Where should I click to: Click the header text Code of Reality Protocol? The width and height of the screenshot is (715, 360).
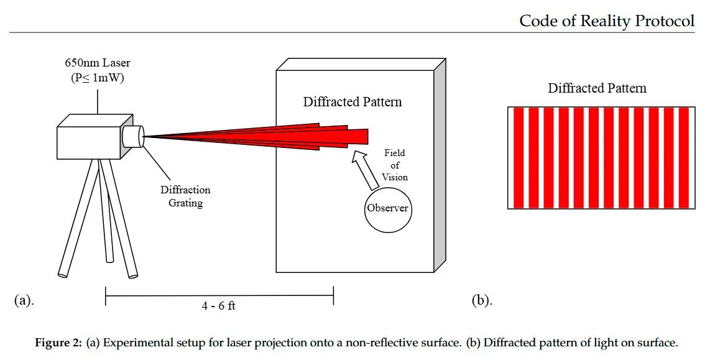coord(606,21)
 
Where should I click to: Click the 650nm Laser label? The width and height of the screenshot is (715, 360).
coord(98,63)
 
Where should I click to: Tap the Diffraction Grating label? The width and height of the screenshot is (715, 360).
coord(185,196)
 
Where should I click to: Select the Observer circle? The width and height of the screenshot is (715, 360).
coord(387,208)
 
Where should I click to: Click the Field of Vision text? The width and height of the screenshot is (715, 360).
coord(395,165)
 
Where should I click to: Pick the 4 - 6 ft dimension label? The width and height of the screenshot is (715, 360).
coord(218,306)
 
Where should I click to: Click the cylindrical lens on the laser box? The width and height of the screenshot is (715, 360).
coord(132,136)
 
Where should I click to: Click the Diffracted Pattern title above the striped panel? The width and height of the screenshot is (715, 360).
coord(597,88)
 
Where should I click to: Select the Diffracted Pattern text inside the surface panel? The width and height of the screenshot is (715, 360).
coord(353,102)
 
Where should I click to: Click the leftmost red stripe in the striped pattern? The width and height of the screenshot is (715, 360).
coord(519,158)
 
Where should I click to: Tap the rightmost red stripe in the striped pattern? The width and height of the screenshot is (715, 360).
coord(684,158)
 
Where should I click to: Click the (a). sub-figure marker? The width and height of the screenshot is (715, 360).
coord(24,300)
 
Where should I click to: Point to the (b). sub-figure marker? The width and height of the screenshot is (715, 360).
coord(482,300)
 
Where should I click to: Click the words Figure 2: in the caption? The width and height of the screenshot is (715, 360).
coord(58,343)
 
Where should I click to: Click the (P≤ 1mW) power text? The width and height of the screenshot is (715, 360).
coord(98,78)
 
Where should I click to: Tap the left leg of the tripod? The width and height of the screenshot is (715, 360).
coord(78,218)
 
